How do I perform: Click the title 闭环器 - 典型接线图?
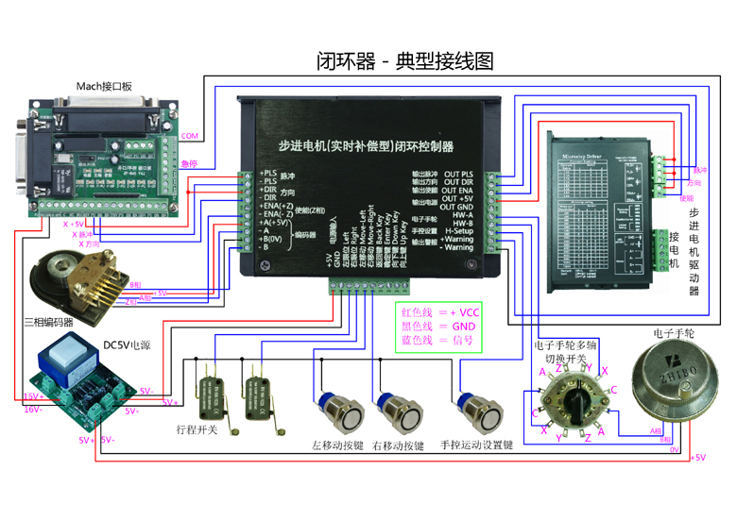pyautogui.click(x=404, y=61)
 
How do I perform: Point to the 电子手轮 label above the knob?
pyautogui.click(x=674, y=334)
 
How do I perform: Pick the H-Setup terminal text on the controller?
pyautogui.click(x=459, y=230)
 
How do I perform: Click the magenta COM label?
pyautogui.click(x=190, y=137)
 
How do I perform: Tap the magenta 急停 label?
pyautogui.click(x=189, y=163)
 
